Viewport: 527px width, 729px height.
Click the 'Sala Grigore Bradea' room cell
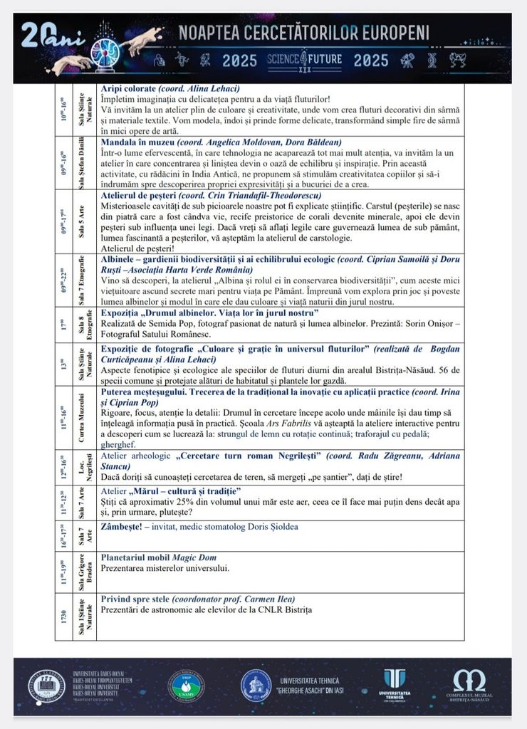85,572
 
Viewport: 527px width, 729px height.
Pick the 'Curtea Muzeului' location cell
85,417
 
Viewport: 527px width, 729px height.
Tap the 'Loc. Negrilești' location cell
85,467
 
